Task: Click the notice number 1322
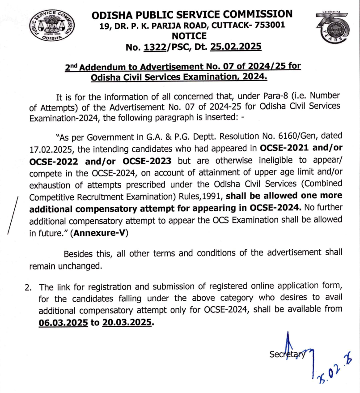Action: (161, 47)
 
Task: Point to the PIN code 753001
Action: (267, 25)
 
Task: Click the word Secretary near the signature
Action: (288, 354)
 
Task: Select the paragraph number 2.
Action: (28, 287)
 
